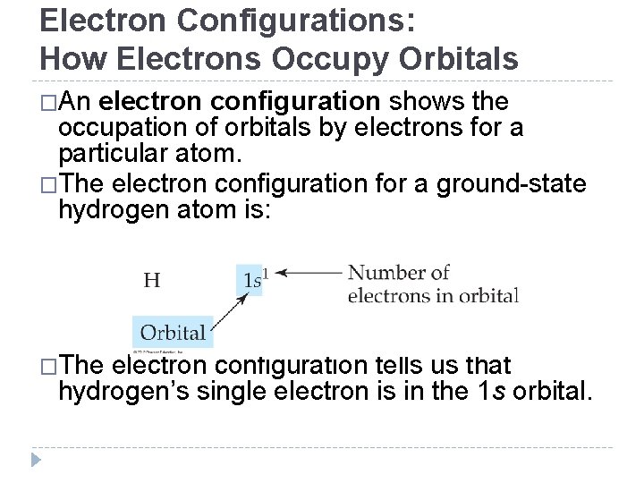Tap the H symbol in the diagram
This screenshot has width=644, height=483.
[152, 280]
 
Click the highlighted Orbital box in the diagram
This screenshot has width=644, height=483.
[173, 333]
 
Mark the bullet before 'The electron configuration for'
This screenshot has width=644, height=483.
[47, 185]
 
